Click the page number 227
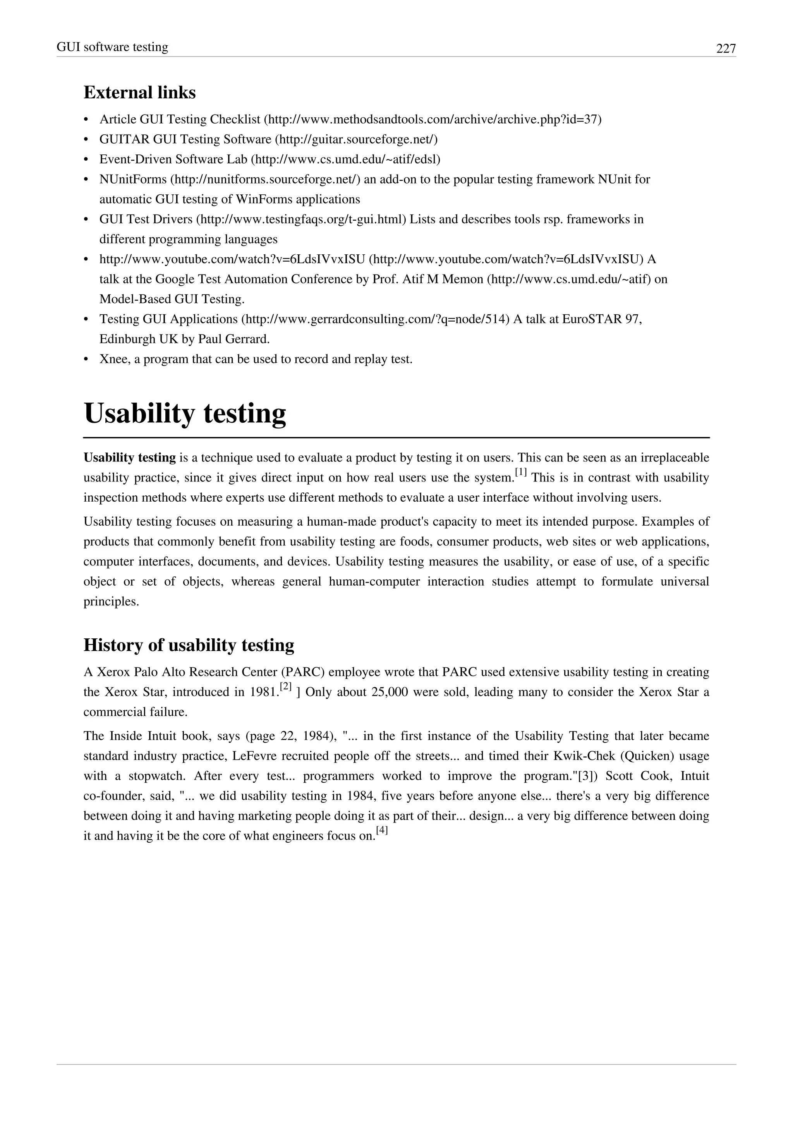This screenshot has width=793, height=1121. (726, 48)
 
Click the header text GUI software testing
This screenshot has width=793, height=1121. (112, 47)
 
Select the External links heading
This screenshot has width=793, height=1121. (140, 92)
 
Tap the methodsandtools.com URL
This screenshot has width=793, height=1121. (433, 119)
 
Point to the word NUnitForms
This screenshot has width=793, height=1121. (133, 179)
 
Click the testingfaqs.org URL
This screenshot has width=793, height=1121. (301, 219)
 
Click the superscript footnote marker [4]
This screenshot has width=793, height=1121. (382, 831)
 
